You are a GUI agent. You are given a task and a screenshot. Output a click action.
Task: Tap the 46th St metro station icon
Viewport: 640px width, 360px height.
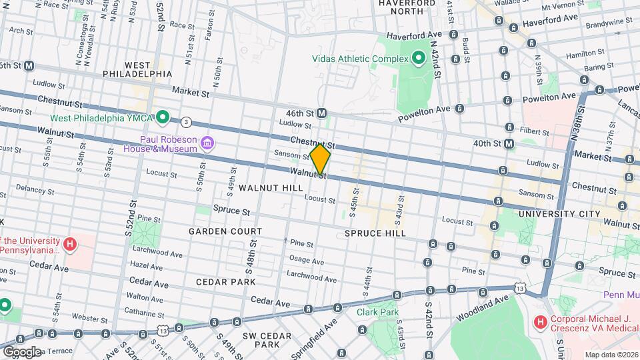(x=321, y=113)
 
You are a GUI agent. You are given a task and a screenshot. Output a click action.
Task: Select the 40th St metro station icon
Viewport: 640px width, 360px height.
(x=509, y=143)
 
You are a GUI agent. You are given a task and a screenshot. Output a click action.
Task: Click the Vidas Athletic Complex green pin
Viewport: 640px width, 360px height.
(x=419, y=59)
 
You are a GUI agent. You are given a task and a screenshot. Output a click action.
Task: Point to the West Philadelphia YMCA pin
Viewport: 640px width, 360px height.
(x=161, y=118)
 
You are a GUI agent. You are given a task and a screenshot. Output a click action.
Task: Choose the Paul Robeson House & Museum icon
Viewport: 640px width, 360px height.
(x=207, y=142)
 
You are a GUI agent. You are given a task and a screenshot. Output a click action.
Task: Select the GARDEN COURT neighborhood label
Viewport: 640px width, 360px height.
(x=225, y=231)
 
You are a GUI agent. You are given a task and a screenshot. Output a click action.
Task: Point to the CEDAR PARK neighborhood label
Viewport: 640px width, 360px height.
(x=225, y=282)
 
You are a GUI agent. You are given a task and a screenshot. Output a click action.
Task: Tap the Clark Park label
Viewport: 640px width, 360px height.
(x=377, y=311)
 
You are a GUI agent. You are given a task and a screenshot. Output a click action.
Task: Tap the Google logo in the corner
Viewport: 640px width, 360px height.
(x=21, y=352)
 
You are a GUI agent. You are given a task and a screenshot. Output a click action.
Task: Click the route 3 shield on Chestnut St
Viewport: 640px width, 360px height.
(x=186, y=122)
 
